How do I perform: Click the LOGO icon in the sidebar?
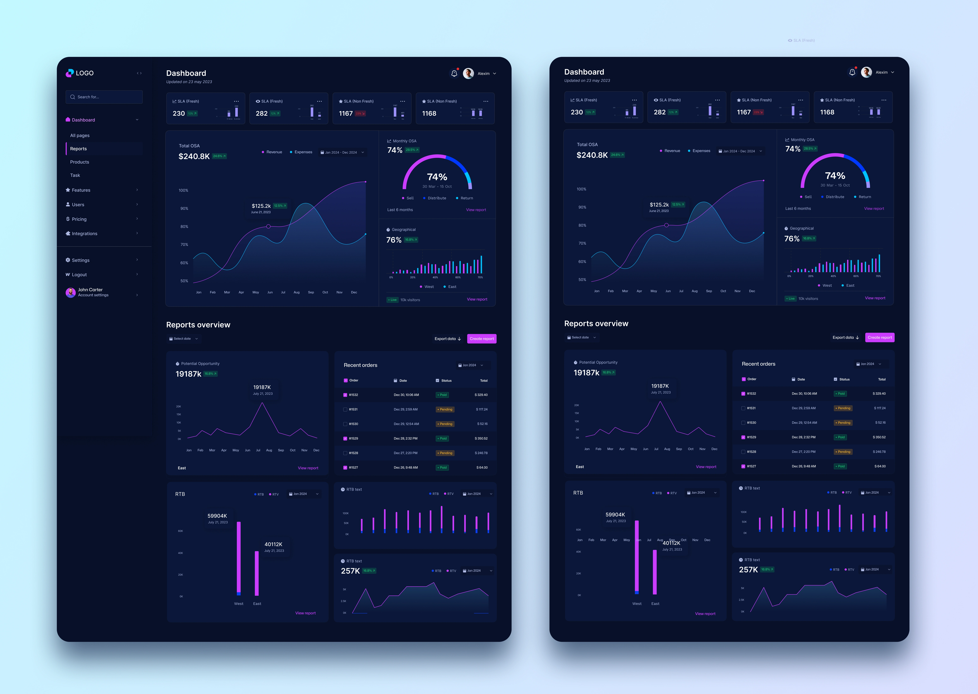click(x=70, y=73)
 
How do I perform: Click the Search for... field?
click(x=104, y=97)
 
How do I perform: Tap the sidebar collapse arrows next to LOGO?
click(x=139, y=73)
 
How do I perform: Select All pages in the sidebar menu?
click(x=80, y=135)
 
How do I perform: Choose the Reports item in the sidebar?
click(x=78, y=149)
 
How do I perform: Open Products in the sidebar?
click(x=80, y=162)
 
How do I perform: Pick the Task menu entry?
click(x=75, y=175)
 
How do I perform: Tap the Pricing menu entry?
click(x=79, y=219)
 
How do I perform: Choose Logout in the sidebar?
click(x=79, y=275)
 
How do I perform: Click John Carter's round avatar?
click(x=70, y=292)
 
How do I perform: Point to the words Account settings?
click(x=93, y=295)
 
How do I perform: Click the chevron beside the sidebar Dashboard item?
click(x=137, y=120)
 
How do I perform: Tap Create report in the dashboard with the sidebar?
click(x=482, y=339)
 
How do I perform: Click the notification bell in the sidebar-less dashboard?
click(x=852, y=72)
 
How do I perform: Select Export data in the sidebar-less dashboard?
click(x=845, y=338)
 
